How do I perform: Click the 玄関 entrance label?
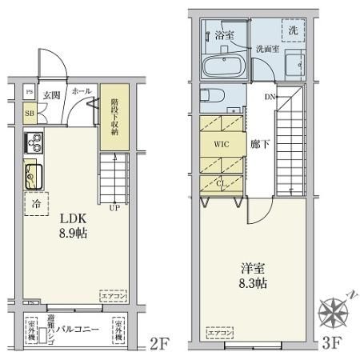[x=51, y=94]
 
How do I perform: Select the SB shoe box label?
[x=29, y=114]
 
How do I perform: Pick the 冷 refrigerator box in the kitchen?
[x=36, y=203]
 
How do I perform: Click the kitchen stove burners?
[x=34, y=146]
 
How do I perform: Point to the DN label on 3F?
[x=270, y=98]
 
